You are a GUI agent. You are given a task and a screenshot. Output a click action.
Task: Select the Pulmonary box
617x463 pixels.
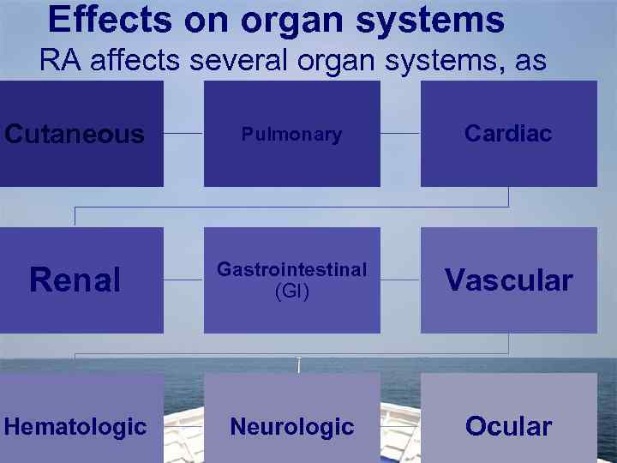click(x=291, y=134)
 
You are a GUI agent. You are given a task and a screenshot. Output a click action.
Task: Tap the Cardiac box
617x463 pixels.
click(x=508, y=134)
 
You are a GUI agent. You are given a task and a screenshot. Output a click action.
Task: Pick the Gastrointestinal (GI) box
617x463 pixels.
click(x=291, y=280)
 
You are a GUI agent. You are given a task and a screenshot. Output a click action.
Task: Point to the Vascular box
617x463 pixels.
click(x=508, y=280)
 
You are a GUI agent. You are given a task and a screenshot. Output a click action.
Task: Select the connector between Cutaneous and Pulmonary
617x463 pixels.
click(x=183, y=134)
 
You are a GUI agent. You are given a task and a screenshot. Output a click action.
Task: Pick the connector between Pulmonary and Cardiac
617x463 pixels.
click(x=400, y=134)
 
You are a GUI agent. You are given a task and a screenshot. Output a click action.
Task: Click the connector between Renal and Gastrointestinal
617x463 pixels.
click(x=183, y=280)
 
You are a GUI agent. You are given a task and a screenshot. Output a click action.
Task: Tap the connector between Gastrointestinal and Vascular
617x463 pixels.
click(x=400, y=280)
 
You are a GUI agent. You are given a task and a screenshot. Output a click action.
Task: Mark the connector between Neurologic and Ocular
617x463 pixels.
click(x=400, y=426)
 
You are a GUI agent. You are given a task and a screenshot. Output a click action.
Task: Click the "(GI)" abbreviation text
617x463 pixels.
click(x=291, y=292)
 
